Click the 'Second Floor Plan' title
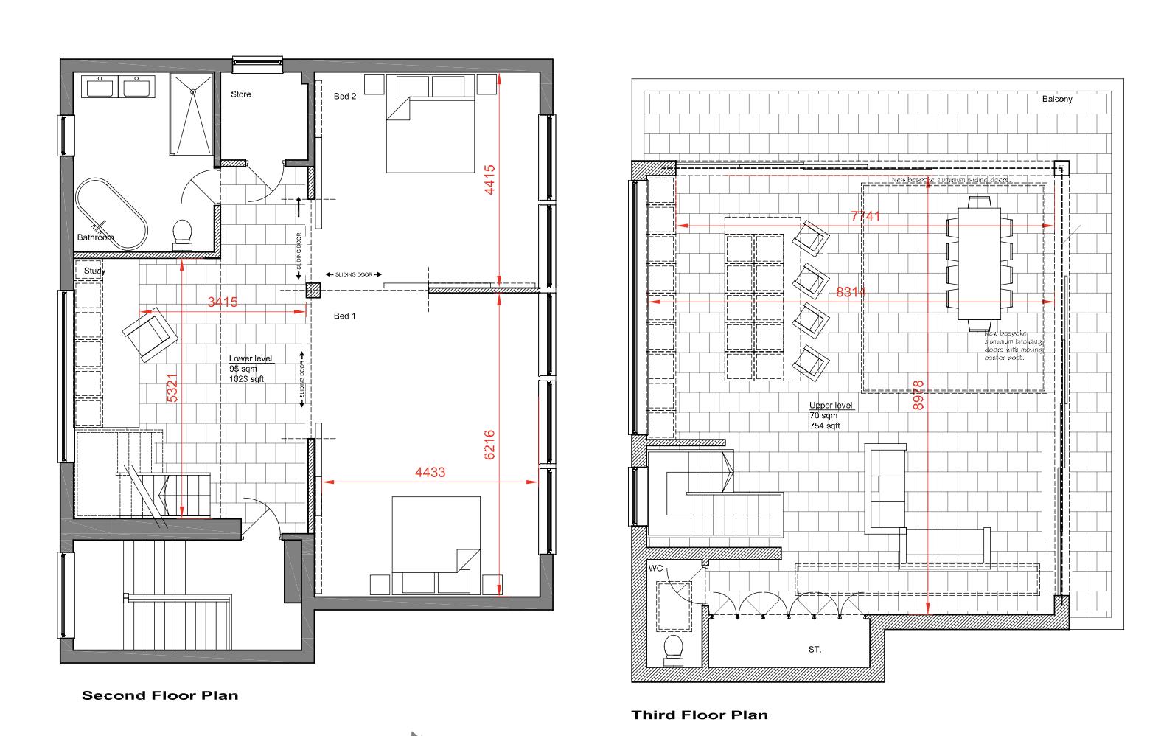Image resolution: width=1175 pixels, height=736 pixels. (x=160, y=695)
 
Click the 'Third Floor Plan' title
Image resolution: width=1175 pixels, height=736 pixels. (x=700, y=715)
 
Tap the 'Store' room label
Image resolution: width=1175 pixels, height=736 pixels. (x=240, y=94)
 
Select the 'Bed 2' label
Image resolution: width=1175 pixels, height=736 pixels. (x=345, y=97)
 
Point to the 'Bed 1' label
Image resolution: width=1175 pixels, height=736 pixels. (x=345, y=316)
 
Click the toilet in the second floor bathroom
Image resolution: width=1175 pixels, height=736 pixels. (x=181, y=232)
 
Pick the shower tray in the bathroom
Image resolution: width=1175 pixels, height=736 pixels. (x=192, y=114)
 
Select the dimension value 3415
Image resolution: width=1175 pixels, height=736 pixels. (x=222, y=302)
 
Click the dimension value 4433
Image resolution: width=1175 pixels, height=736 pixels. (x=430, y=472)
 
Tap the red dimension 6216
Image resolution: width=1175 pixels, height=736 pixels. (x=490, y=445)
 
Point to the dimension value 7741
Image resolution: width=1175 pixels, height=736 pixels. (x=865, y=217)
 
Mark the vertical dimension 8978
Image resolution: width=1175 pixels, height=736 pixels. (x=918, y=395)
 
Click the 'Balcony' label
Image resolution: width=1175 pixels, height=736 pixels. (x=1057, y=99)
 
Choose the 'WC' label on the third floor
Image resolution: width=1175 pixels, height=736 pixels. (x=656, y=569)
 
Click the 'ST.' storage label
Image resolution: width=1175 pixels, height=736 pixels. (x=815, y=650)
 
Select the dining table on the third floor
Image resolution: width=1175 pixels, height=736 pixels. (x=978, y=263)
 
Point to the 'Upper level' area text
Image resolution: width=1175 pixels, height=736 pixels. (x=831, y=406)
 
